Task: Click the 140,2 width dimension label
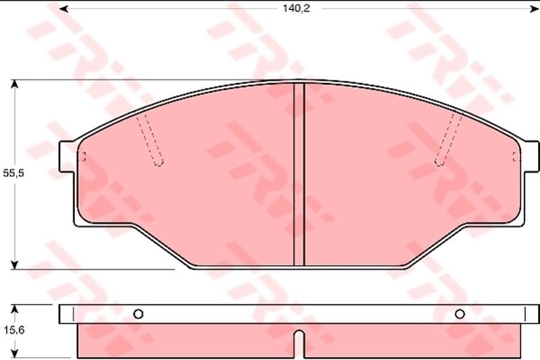click(296, 8)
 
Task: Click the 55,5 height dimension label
click(13, 174)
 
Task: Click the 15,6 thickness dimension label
click(14, 330)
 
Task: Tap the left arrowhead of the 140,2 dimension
click(63, 9)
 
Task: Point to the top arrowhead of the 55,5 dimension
click(14, 84)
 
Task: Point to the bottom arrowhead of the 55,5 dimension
click(14, 265)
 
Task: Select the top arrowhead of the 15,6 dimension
click(14, 309)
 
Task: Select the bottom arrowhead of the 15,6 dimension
click(14, 353)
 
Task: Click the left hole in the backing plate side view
click(138, 314)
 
